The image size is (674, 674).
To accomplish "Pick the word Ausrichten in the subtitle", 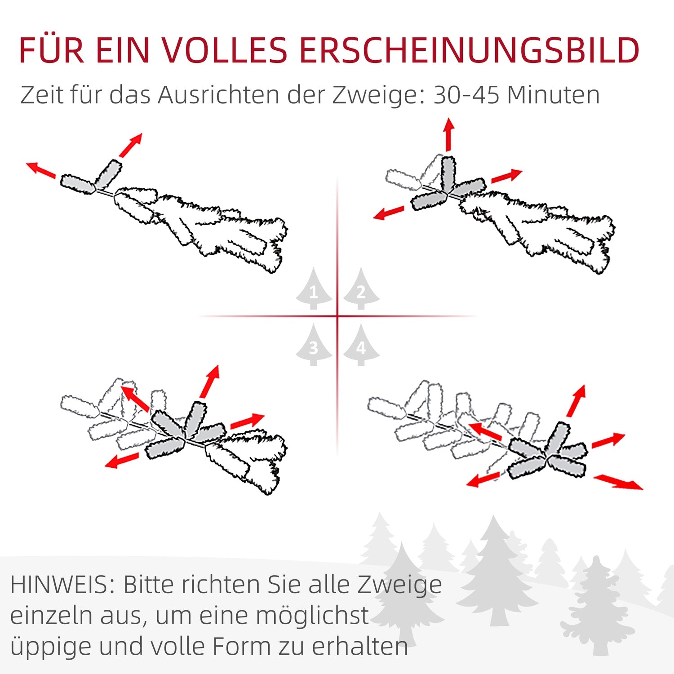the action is [x=218, y=95].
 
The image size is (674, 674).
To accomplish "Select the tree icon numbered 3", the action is [x=314, y=345].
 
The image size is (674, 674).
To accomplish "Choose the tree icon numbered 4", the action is [x=361, y=345].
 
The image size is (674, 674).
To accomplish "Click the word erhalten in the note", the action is [x=360, y=647].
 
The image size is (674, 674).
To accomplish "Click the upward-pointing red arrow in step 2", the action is [x=448, y=134].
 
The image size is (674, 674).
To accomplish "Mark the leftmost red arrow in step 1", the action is [x=41, y=169].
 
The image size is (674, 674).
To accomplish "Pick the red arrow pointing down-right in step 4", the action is [x=618, y=482].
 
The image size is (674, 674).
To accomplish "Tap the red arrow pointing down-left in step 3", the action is [x=122, y=460].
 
